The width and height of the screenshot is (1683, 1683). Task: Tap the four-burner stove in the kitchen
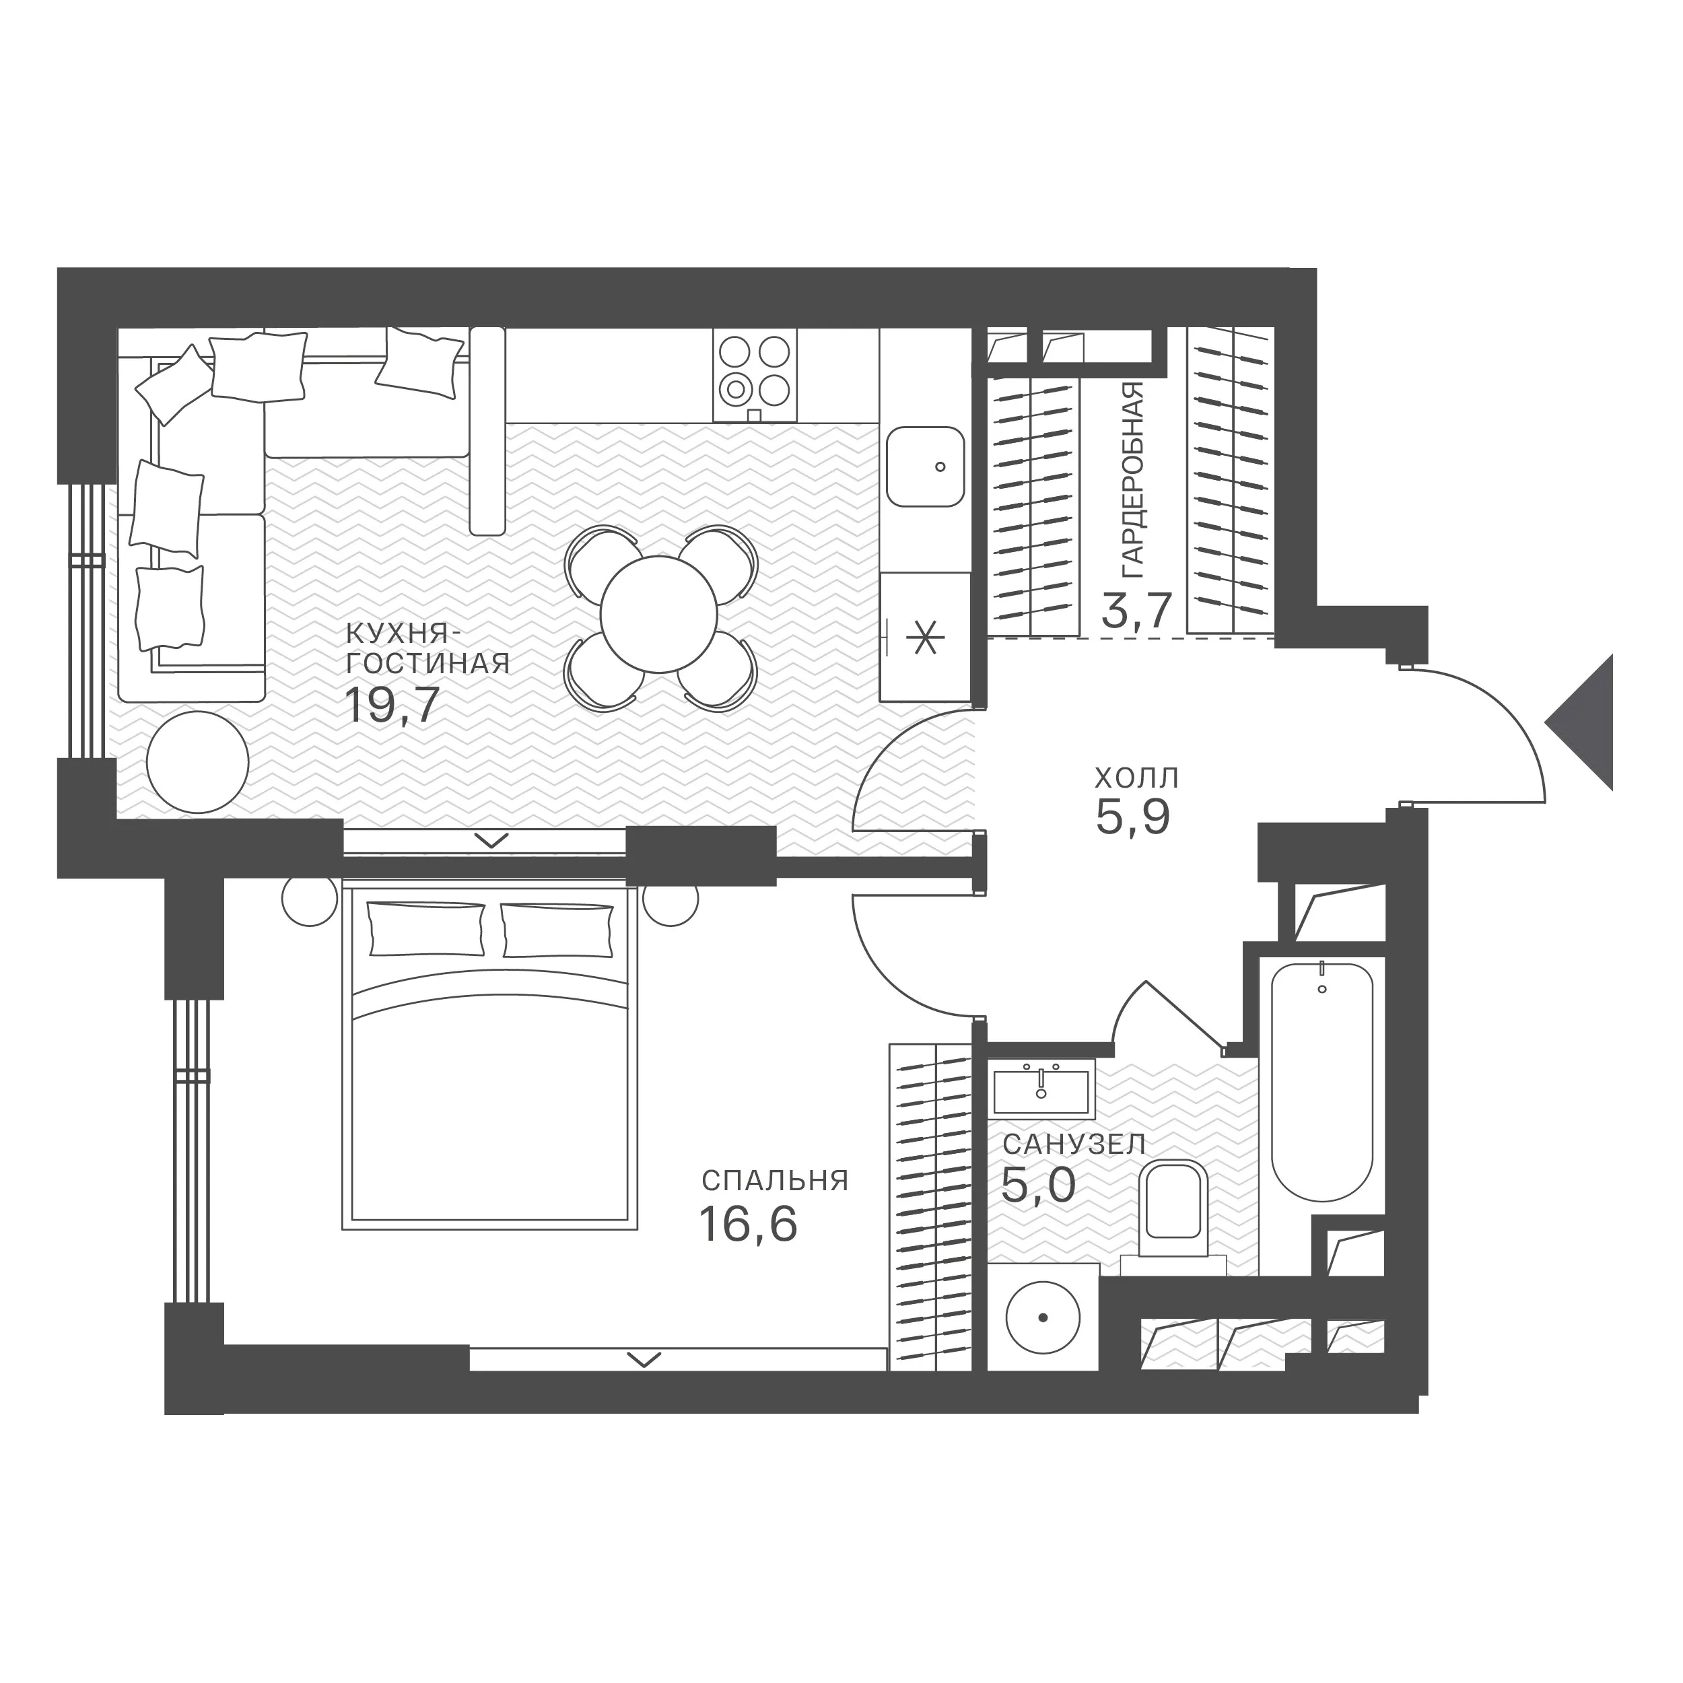pos(755,376)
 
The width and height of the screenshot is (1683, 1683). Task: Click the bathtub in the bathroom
pos(1322,1083)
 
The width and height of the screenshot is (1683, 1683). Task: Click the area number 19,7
pos(391,705)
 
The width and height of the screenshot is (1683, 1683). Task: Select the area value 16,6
pos(749,1224)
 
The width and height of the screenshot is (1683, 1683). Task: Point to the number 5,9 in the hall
pos(1132,816)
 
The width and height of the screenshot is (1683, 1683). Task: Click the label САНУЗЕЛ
pos(1073,1144)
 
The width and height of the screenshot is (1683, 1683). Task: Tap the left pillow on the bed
pos(427,928)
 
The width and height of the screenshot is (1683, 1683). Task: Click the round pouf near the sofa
pos(198,762)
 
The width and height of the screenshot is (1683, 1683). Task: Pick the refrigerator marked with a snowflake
pos(925,637)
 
